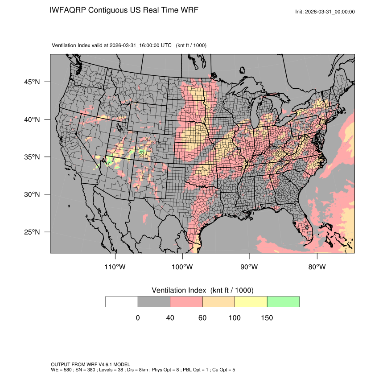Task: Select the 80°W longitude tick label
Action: tap(317, 267)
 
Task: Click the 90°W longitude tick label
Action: tap(250, 267)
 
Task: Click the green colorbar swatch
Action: tap(283, 302)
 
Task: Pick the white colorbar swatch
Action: tap(122, 302)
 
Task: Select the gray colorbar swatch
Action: tap(154, 302)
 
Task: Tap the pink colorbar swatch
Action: tap(186, 302)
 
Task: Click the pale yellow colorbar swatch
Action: tap(251, 302)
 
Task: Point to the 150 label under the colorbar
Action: tap(267, 318)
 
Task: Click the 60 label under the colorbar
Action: tap(202, 318)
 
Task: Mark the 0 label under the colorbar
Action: tap(138, 318)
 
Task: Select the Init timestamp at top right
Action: tap(325, 12)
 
